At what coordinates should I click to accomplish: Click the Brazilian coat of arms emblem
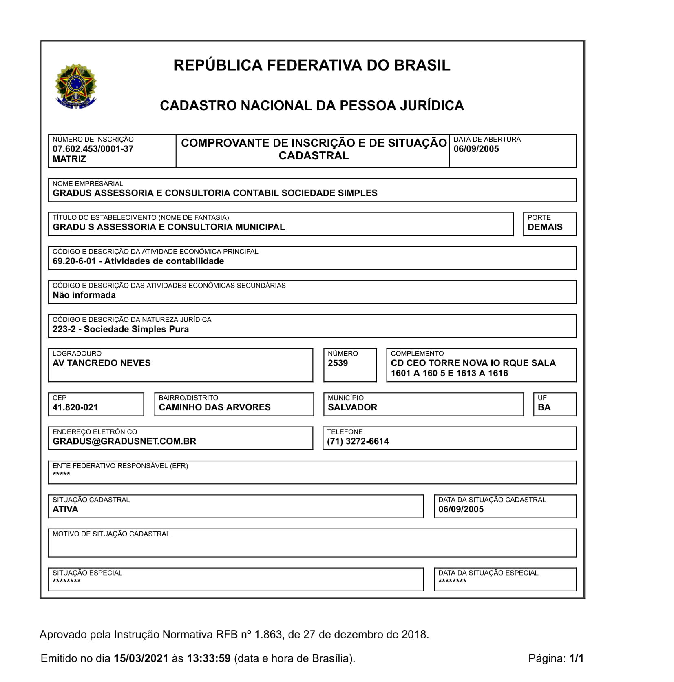[76, 86]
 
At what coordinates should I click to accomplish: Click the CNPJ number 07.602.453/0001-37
[93, 149]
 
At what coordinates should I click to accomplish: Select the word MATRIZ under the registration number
[69, 159]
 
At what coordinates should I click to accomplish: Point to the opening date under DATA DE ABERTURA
[476, 149]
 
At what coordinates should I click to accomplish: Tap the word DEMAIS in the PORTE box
[545, 227]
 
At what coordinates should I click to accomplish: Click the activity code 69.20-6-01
[74, 261]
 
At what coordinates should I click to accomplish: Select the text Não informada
[84, 295]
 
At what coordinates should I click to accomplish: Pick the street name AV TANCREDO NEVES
[102, 363]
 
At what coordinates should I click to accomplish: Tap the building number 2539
[338, 363]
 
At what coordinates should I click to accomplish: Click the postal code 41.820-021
[75, 407]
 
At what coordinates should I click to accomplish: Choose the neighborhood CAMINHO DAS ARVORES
[214, 407]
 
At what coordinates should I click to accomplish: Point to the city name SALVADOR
[352, 407]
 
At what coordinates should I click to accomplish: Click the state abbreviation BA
[544, 407]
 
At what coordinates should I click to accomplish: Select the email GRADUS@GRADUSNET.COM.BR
[124, 441]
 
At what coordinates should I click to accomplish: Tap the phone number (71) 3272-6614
[358, 441]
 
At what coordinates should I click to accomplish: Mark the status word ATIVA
[65, 509]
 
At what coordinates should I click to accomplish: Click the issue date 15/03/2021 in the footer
[141, 658]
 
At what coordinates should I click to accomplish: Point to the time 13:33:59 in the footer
[208, 658]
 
